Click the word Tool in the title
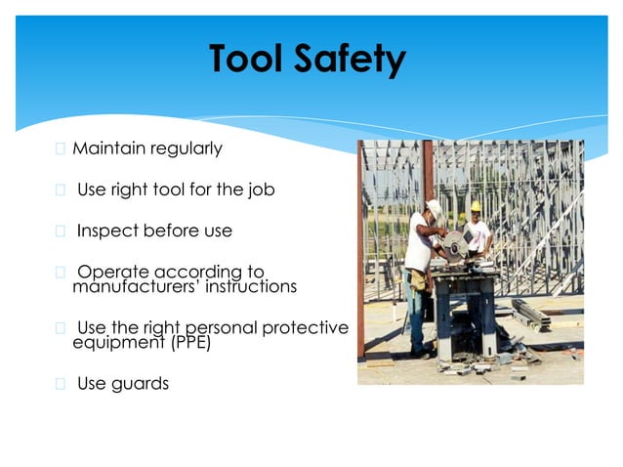point(246,61)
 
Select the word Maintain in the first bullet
point(108,149)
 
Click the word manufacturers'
point(134,287)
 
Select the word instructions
point(247,287)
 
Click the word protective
point(306,327)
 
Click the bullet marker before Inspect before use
point(61,232)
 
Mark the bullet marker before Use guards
point(61,384)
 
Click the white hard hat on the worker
point(434,206)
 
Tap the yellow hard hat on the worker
point(476,206)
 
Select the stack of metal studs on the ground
point(529,315)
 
